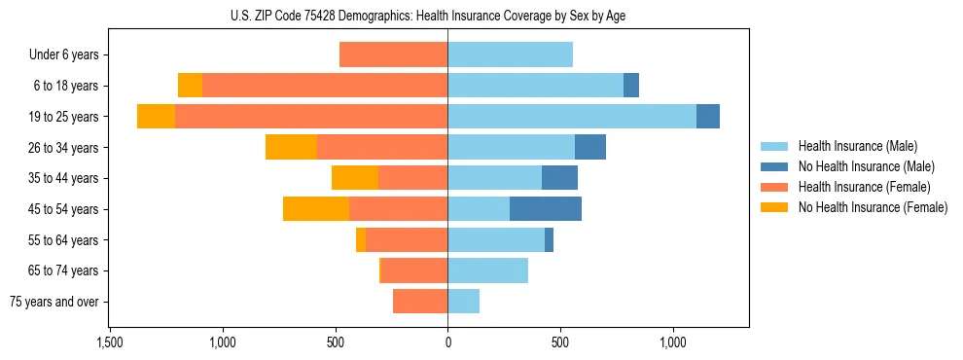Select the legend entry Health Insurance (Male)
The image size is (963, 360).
pos(857,146)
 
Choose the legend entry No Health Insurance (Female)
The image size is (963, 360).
pos(873,207)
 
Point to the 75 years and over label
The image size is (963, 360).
pos(53,302)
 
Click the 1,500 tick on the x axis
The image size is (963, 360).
pos(110,342)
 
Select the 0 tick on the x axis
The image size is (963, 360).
pos(447,342)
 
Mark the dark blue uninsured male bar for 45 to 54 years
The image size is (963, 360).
pos(546,209)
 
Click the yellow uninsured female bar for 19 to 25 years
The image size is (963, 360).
pos(156,117)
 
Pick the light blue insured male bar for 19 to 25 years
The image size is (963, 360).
pos(572,117)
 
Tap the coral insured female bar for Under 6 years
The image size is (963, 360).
pos(393,55)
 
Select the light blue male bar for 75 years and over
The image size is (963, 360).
pos(463,302)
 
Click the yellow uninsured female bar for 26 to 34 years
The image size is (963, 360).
pos(291,147)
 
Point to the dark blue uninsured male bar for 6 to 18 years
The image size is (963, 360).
pos(631,86)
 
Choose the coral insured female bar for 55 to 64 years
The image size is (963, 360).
pos(407,240)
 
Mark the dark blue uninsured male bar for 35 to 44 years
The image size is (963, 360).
pos(559,178)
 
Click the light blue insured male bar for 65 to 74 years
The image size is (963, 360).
pos(487,270)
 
